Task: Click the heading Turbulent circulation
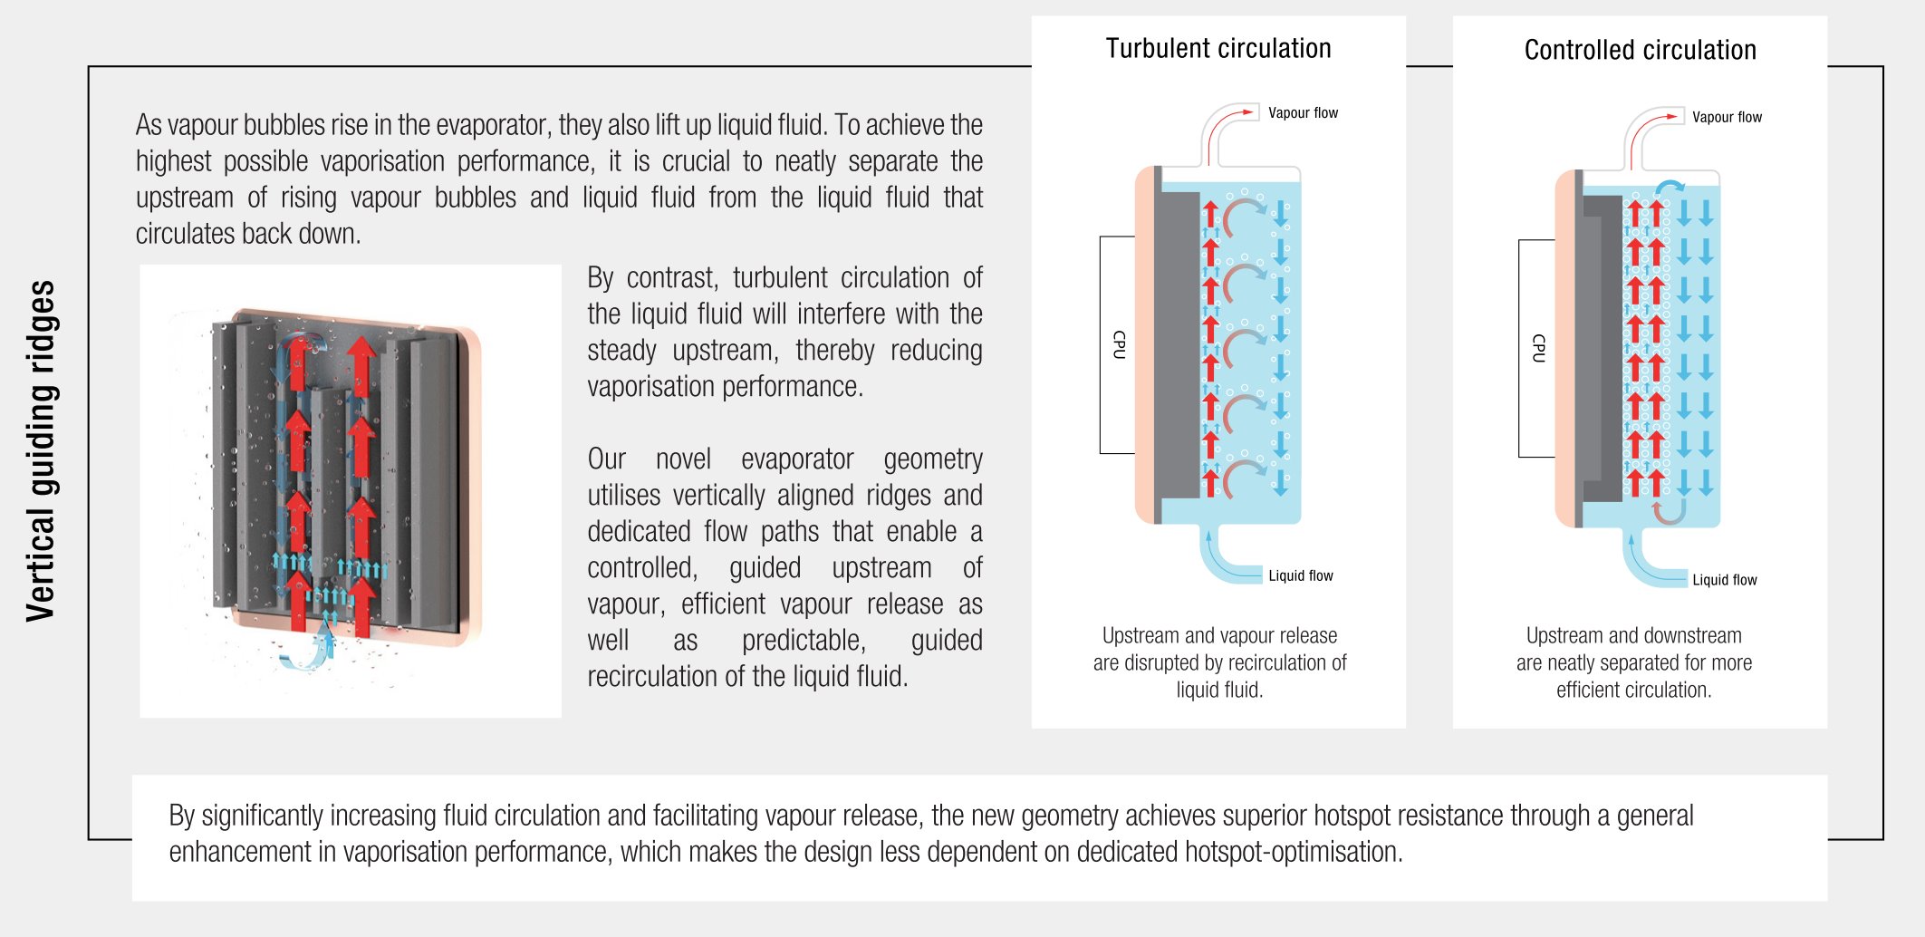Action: tap(1218, 48)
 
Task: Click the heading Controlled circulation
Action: tap(1640, 50)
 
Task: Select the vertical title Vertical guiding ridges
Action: tap(42, 450)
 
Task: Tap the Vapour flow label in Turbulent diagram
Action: tap(1303, 112)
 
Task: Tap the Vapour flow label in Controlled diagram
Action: tap(1727, 117)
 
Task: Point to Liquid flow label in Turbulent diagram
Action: tap(1301, 575)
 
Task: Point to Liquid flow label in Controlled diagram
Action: tap(1725, 580)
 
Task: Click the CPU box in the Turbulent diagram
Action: tap(1118, 344)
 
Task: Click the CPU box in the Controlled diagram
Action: tap(1537, 348)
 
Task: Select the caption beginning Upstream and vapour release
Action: tap(1219, 662)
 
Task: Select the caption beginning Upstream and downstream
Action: tap(1634, 662)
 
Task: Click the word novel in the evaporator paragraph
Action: tap(683, 459)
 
